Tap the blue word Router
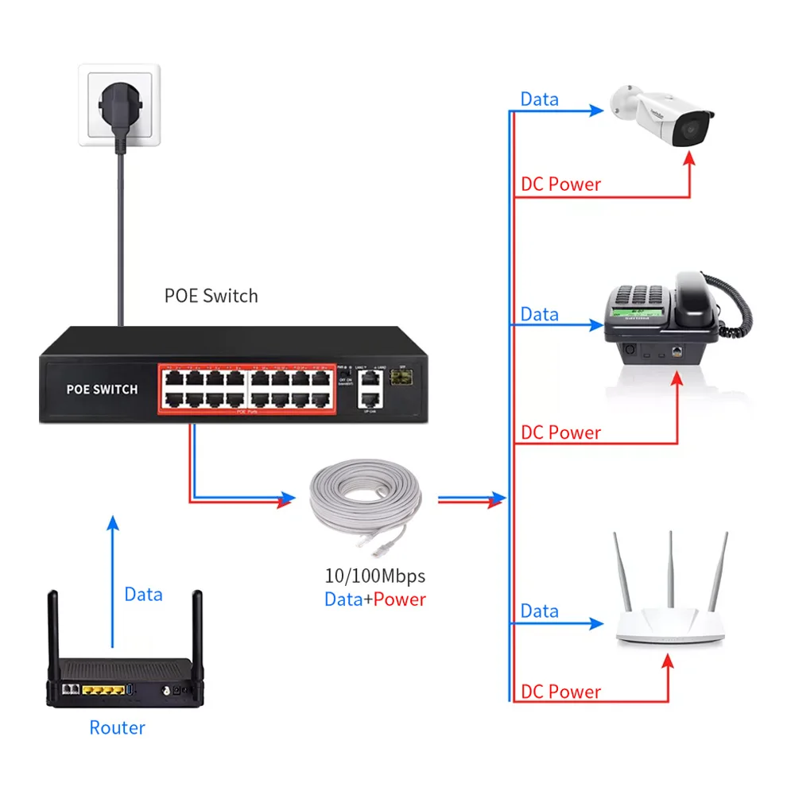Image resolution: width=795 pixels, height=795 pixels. [x=117, y=727]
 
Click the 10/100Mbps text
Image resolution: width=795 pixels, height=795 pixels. [x=375, y=575]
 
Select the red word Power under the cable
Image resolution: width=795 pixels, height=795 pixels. [x=400, y=599]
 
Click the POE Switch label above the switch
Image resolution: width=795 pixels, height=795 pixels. [x=211, y=296]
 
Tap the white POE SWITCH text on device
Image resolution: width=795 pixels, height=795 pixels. [x=102, y=390]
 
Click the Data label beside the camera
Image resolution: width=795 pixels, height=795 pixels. [x=539, y=99]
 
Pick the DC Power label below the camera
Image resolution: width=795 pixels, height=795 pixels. [x=560, y=184]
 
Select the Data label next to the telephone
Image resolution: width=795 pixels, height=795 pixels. [x=539, y=314]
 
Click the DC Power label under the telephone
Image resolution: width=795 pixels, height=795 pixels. [x=560, y=432]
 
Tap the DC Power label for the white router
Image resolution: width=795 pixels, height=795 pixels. [x=560, y=692]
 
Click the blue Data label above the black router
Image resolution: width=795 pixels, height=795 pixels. [x=143, y=594]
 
